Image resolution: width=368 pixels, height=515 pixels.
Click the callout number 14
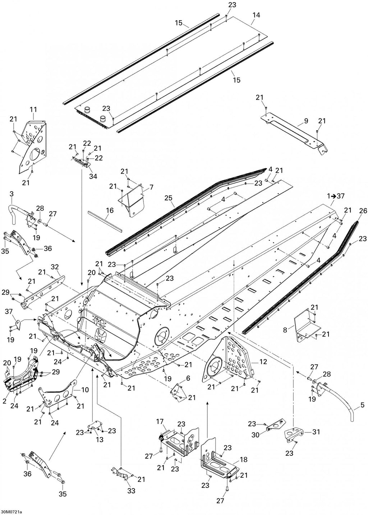pos(256,15)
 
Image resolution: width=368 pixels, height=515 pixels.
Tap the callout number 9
pos(306,121)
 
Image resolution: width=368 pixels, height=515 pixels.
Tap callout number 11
pos(33,110)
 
